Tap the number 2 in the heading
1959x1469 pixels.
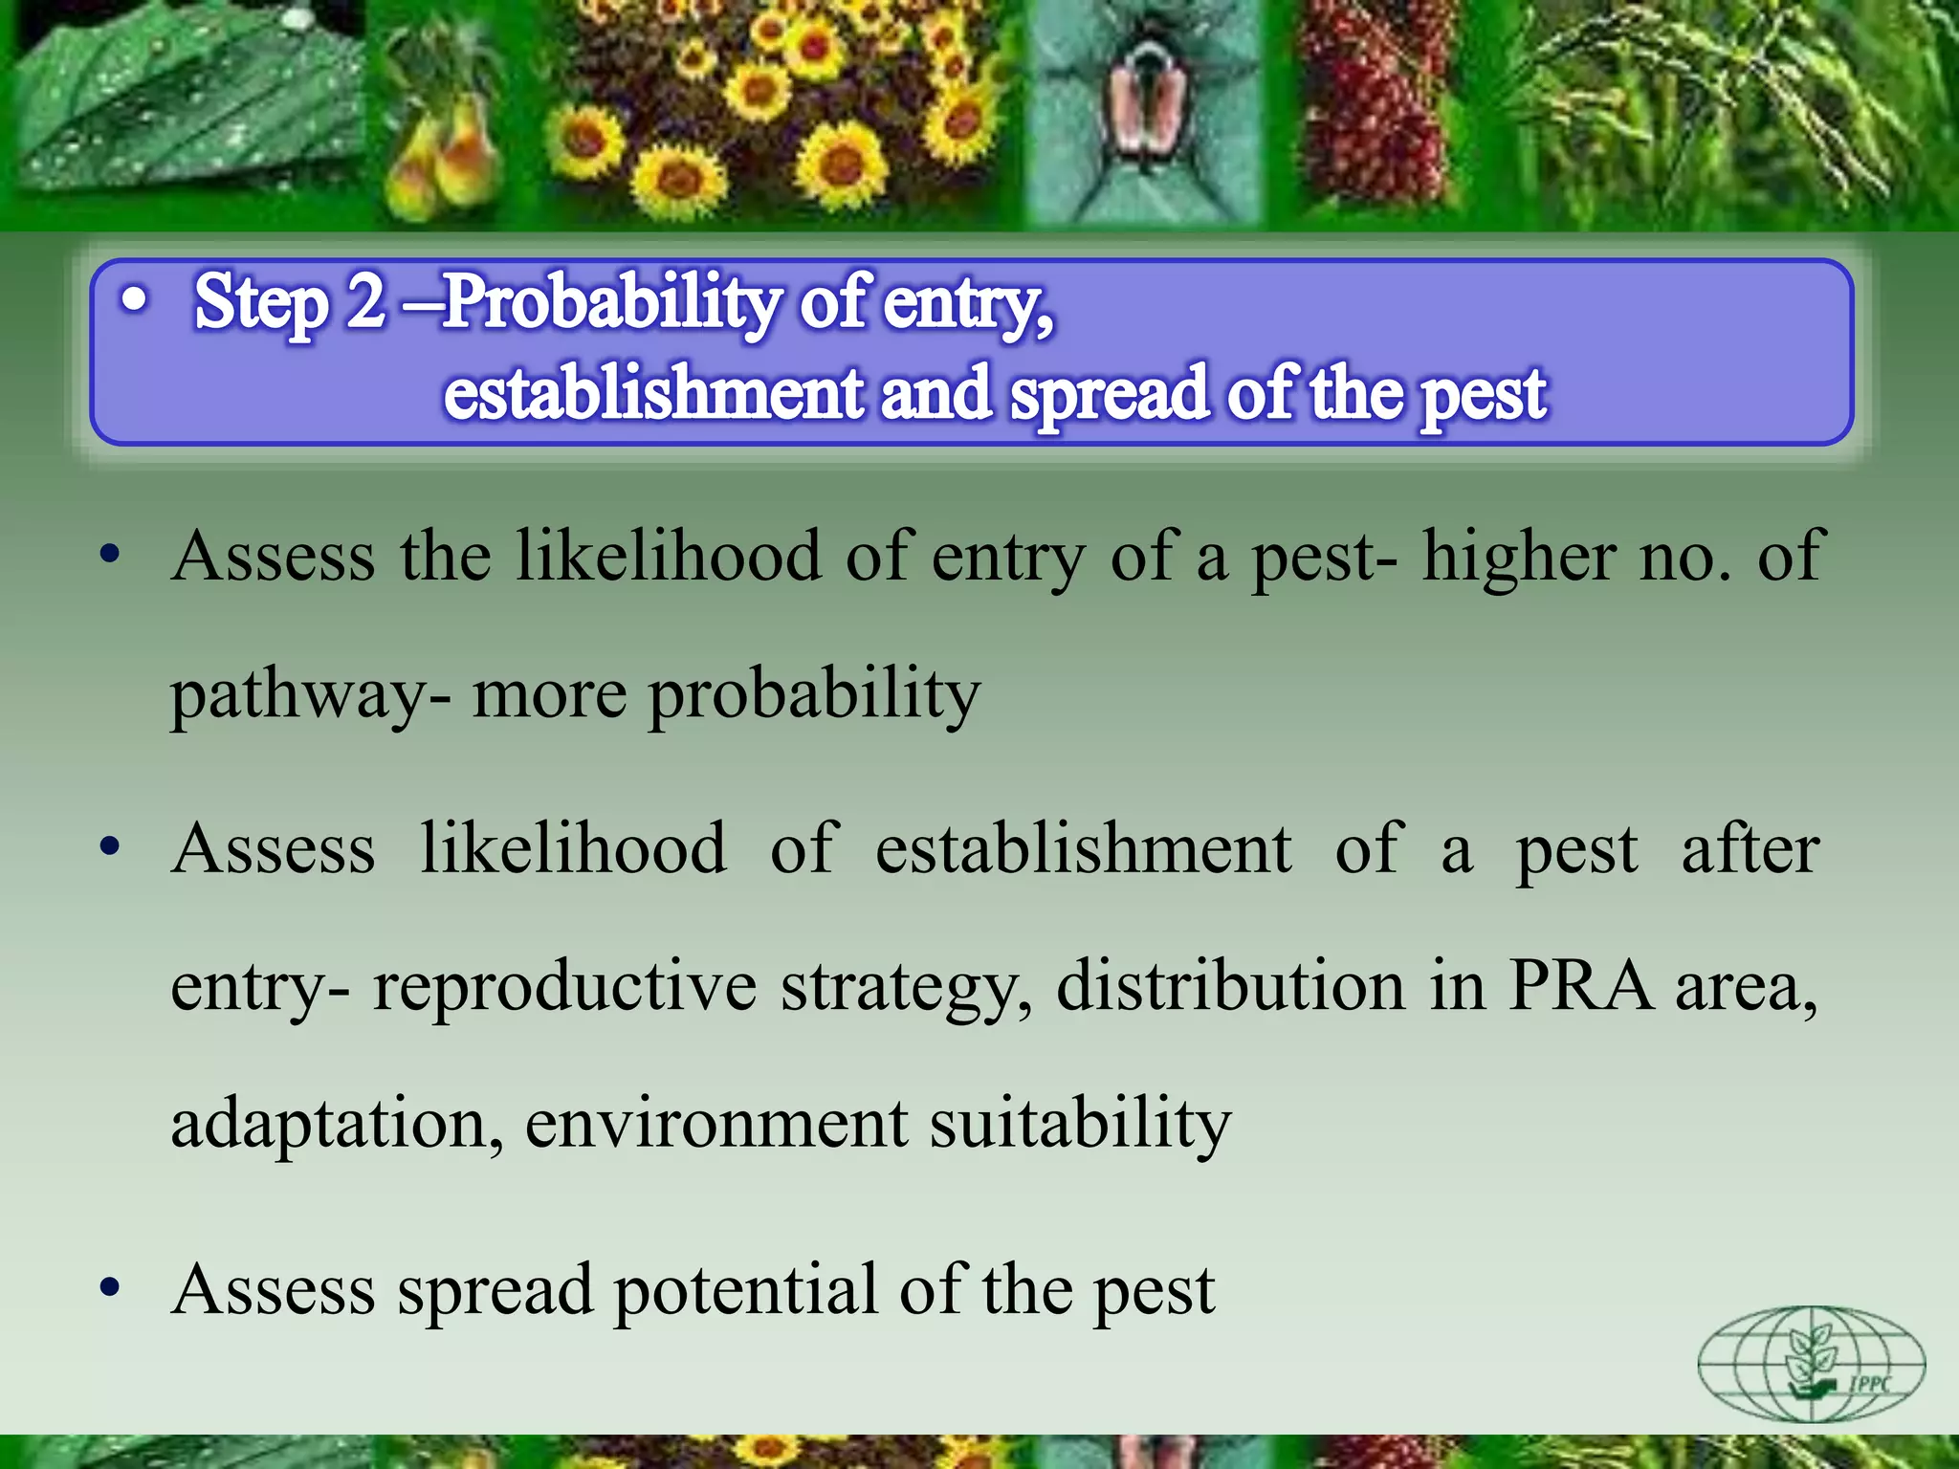(x=365, y=302)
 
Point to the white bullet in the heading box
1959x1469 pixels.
(x=135, y=301)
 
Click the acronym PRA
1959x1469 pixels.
(x=1581, y=985)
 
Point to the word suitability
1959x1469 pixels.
(x=1081, y=1124)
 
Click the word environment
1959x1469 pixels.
(x=716, y=1124)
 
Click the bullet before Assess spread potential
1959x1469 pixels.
(x=111, y=1287)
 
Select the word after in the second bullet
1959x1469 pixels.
(x=1750, y=849)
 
